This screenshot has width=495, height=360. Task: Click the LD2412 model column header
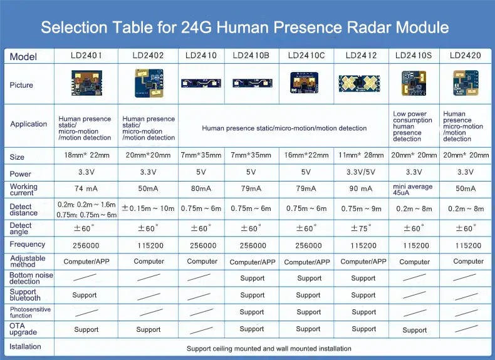coord(361,56)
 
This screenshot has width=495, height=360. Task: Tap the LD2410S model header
coord(414,56)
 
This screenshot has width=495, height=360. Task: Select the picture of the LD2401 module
coord(86,83)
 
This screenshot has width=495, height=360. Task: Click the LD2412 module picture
coord(359,84)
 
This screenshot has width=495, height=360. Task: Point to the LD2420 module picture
coord(466,83)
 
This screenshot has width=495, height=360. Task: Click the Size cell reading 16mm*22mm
coord(306,155)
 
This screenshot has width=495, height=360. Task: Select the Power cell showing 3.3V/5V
coord(361,172)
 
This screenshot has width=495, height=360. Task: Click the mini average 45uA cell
coord(413,189)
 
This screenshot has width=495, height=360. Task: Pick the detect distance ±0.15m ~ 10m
coord(148,208)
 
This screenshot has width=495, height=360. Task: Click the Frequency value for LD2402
coord(150,245)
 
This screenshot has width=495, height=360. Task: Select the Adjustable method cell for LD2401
coord(86,262)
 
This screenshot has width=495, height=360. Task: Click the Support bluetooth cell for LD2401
coord(85,295)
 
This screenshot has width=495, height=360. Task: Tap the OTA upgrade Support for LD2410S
coord(415,330)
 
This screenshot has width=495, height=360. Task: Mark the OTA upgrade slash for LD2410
coord(201,331)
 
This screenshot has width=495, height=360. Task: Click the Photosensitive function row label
coord(30,312)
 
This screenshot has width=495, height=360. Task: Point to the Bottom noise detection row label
coord(31,278)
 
